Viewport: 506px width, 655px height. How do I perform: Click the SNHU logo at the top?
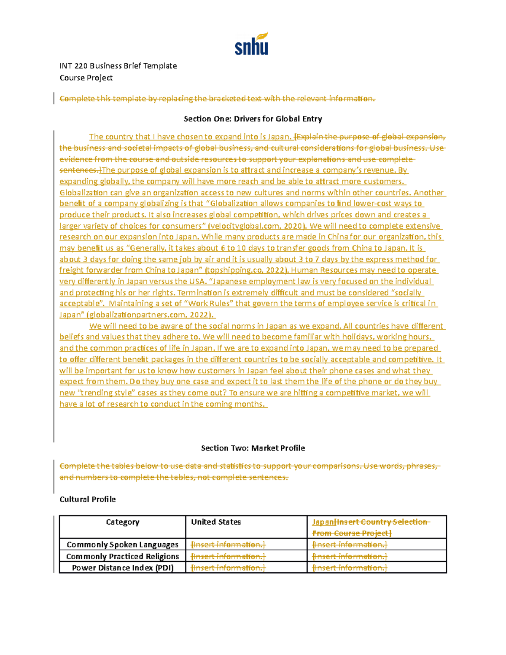[251, 44]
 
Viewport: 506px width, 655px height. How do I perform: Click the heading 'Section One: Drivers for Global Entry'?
[253, 119]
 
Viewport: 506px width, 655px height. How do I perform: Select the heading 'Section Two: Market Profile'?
[253, 448]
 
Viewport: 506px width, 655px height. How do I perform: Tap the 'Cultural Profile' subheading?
[87, 499]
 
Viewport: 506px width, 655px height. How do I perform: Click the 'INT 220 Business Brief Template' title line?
[118, 66]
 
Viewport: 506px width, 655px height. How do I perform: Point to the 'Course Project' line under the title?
[86, 78]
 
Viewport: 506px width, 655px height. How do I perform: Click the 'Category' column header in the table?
[122, 522]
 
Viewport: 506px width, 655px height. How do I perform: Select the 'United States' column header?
[216, 522]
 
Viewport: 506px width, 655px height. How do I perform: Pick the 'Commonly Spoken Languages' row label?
[122, 544]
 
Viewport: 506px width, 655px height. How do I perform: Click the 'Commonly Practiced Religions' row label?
[122, 556]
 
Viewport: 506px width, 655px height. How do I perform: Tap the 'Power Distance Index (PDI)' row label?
[122, 568]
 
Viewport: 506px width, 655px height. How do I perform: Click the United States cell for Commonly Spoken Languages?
[228, 544]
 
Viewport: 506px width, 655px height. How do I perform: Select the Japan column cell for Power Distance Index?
[350, 568]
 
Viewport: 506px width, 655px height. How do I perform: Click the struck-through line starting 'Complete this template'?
[217, 99]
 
